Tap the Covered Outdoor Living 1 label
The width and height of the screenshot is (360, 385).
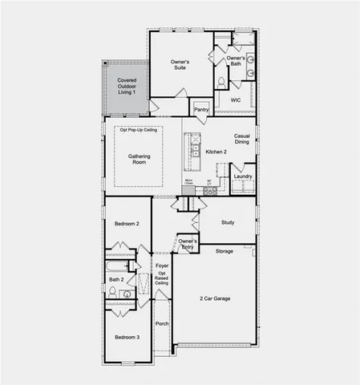127,87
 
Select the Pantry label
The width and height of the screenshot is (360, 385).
200,109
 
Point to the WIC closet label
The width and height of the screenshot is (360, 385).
236,100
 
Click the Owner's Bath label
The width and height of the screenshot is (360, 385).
236,62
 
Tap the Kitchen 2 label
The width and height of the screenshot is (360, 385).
216,152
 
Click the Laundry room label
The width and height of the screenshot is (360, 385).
244,176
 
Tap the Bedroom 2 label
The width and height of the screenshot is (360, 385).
127,224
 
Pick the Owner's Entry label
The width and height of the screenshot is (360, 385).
188,244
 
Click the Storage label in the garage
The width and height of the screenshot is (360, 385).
224,251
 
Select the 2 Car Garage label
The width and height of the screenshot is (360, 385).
215,298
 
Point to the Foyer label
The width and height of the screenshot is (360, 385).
162,264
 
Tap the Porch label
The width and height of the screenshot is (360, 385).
162,324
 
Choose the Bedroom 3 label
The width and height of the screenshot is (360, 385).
127,338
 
